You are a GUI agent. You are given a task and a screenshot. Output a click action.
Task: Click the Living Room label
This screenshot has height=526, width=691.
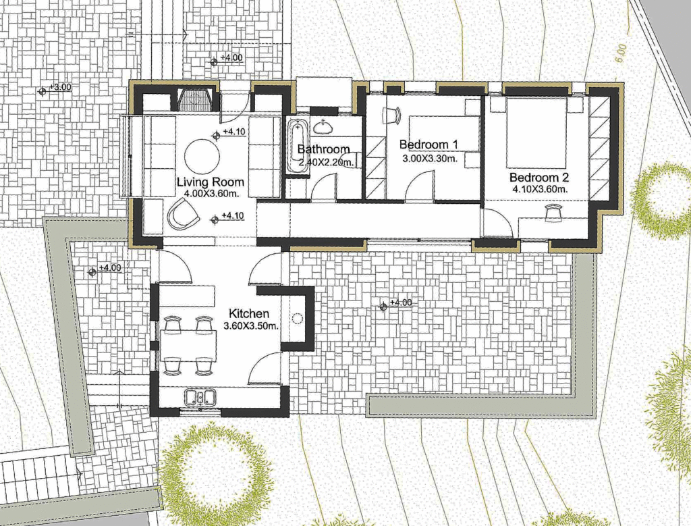point(211,182)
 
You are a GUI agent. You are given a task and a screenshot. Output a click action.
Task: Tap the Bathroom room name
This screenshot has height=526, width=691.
point(323,149)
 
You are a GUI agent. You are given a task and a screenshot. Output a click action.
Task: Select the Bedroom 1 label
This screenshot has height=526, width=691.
point(429,144)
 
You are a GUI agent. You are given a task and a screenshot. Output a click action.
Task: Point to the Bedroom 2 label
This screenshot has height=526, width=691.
point(539,178)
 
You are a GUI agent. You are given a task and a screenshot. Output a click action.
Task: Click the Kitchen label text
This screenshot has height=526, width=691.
point(249,313)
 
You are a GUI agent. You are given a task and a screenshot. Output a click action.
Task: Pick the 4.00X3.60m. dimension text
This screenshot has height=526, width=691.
point(211,193)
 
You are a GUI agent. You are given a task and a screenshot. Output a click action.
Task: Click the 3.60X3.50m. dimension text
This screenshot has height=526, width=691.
point(251,326)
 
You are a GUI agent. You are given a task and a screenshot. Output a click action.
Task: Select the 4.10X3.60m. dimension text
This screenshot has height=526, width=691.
point(539,190)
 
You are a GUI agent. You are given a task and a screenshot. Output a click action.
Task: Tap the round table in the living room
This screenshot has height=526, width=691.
point(202,156)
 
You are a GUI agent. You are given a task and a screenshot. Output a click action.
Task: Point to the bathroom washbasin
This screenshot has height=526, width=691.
point(324,127)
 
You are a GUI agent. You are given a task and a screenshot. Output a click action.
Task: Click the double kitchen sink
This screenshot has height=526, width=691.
point(200,397)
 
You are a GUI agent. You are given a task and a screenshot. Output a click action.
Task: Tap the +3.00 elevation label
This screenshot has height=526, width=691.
point(60,87)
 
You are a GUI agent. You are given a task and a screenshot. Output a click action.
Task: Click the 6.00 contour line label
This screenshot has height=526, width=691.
point(621,53)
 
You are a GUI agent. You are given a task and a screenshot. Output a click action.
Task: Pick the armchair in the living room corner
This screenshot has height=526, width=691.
point(182,213)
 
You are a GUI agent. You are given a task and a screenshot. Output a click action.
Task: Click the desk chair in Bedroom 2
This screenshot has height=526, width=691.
point(553,213)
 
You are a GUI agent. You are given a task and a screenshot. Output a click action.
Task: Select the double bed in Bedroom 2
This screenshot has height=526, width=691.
point(536,133)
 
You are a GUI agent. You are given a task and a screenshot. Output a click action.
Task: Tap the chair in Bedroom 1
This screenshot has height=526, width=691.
point(392,115)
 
